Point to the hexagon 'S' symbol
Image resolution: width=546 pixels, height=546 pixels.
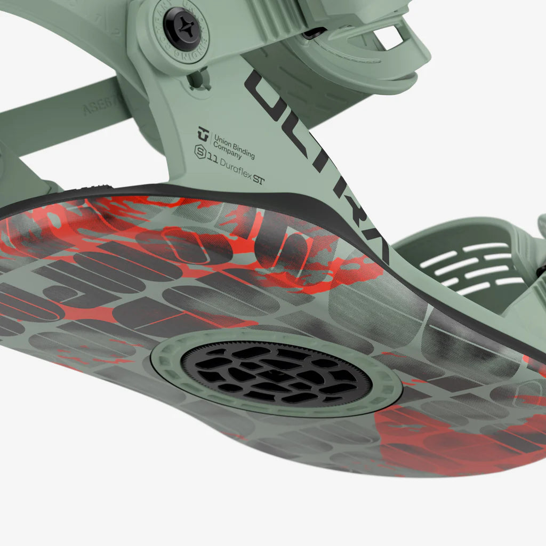point(200,151)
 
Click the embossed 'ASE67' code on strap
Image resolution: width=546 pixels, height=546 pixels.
point(96,109)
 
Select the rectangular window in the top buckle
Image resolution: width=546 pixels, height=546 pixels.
point(388,37)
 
